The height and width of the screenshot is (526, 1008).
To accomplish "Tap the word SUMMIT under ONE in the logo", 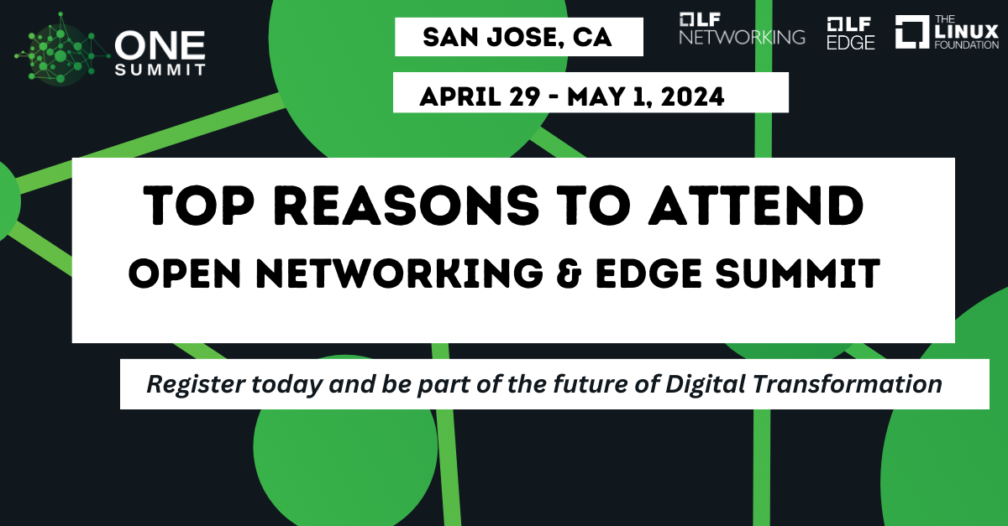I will point(159,70).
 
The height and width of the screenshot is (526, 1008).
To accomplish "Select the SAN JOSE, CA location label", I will point(518,37).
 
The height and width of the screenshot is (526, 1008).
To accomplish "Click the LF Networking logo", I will point(742,29).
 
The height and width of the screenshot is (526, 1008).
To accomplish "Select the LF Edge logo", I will point(851,33).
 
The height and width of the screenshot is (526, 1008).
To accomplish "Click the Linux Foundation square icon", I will point(911,32).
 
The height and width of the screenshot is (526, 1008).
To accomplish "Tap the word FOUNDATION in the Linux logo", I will point(966,44).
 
